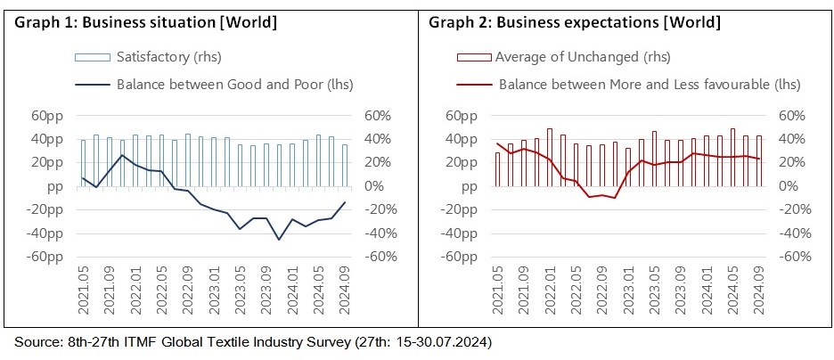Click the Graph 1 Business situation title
point(143,21)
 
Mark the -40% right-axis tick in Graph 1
point(375,233)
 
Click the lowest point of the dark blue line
point(279,239)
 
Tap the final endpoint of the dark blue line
point(345,202)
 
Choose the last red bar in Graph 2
point(759,161)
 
